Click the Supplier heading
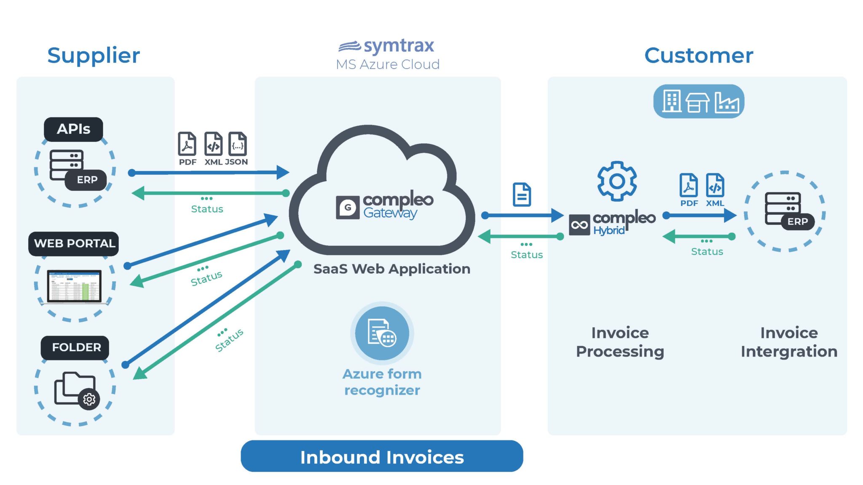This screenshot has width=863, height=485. (x=93, y=56)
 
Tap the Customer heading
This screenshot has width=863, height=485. (x=698, y=56)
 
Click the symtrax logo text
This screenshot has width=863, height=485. (x=398, y=45)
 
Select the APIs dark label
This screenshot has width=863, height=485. (x=73, y=129)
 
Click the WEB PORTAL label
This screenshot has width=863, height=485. (x=74, y=243)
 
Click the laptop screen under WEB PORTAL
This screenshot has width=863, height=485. (x=74, y=285)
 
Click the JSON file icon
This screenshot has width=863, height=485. (x=238, y=144)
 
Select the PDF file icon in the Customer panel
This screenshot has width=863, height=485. (x=689, y=185)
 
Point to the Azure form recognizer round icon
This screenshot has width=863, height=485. (x=382, y=333)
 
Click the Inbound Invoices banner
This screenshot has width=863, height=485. (x=382, y=456)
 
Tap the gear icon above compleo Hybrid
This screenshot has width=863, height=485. (x=616, y=181)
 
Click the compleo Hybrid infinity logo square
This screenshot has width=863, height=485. (x=579, y=224)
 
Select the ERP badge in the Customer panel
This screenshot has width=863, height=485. (x=797, y=221)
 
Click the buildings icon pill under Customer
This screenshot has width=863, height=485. (x=699, y=101)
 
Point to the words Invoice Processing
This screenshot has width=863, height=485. (x=620, y=342)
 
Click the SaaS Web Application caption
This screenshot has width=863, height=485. (x=391, y=269)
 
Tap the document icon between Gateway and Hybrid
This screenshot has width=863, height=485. (x=522, y=195)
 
